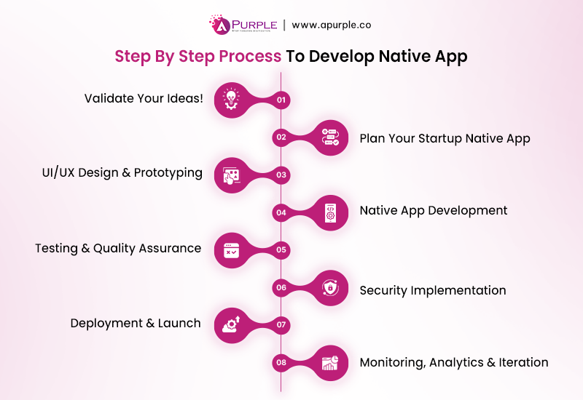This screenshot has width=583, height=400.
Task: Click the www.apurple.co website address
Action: [x=332, y=24]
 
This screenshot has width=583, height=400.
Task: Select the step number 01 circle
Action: [x=282, y=99]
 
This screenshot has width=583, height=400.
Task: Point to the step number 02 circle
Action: [x=281, y=137]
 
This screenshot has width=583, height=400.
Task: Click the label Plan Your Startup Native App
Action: [x=445, y=137]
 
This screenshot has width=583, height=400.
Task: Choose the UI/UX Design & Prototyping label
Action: [x=122, y=173]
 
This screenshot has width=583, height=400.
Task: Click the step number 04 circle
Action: [x=281, y=212]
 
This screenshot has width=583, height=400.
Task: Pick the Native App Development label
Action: [x=434, y=210]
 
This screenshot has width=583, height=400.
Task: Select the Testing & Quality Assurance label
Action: [x=118, y=248]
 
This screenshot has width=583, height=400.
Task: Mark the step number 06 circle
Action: [x=281, y=288]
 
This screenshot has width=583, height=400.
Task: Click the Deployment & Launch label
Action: [x=136, y=323]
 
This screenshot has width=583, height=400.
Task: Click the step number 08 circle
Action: [x=281, y=362]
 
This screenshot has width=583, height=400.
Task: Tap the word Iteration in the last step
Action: [x=523, y=361]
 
